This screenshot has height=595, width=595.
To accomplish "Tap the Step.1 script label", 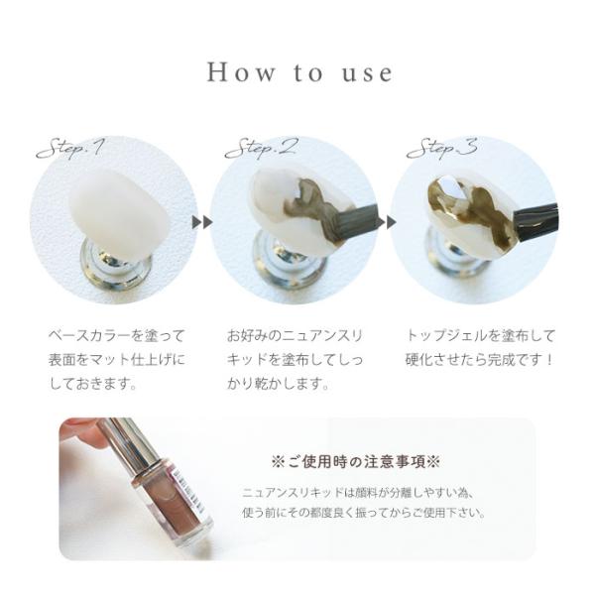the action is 69,148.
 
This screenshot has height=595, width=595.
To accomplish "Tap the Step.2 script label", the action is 261,148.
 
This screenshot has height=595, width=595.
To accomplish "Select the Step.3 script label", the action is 441,148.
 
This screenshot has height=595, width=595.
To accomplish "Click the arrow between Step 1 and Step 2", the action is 202,222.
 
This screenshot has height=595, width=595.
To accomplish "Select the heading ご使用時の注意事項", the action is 356,462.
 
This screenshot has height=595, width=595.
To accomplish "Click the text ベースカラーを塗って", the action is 116,336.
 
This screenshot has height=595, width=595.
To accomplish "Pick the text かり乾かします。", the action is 278,384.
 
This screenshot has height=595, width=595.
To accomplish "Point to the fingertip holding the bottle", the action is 81,432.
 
